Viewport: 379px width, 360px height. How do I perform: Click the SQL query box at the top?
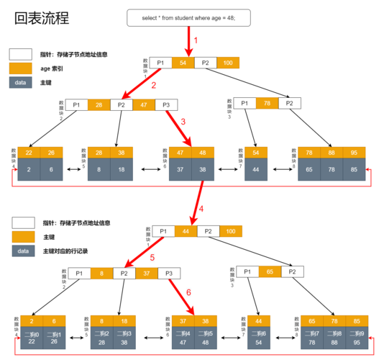pos(189,17)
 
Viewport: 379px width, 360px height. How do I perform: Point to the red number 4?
pos(201,208)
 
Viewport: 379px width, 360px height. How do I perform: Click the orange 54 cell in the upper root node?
pos(183,63)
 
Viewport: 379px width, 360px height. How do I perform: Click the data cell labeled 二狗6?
pos(258,338)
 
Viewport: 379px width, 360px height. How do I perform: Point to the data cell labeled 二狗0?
pos(32,338)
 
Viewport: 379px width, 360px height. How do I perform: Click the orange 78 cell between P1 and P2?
pos(268,103)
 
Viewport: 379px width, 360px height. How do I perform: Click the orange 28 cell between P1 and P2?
pos(99,105)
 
